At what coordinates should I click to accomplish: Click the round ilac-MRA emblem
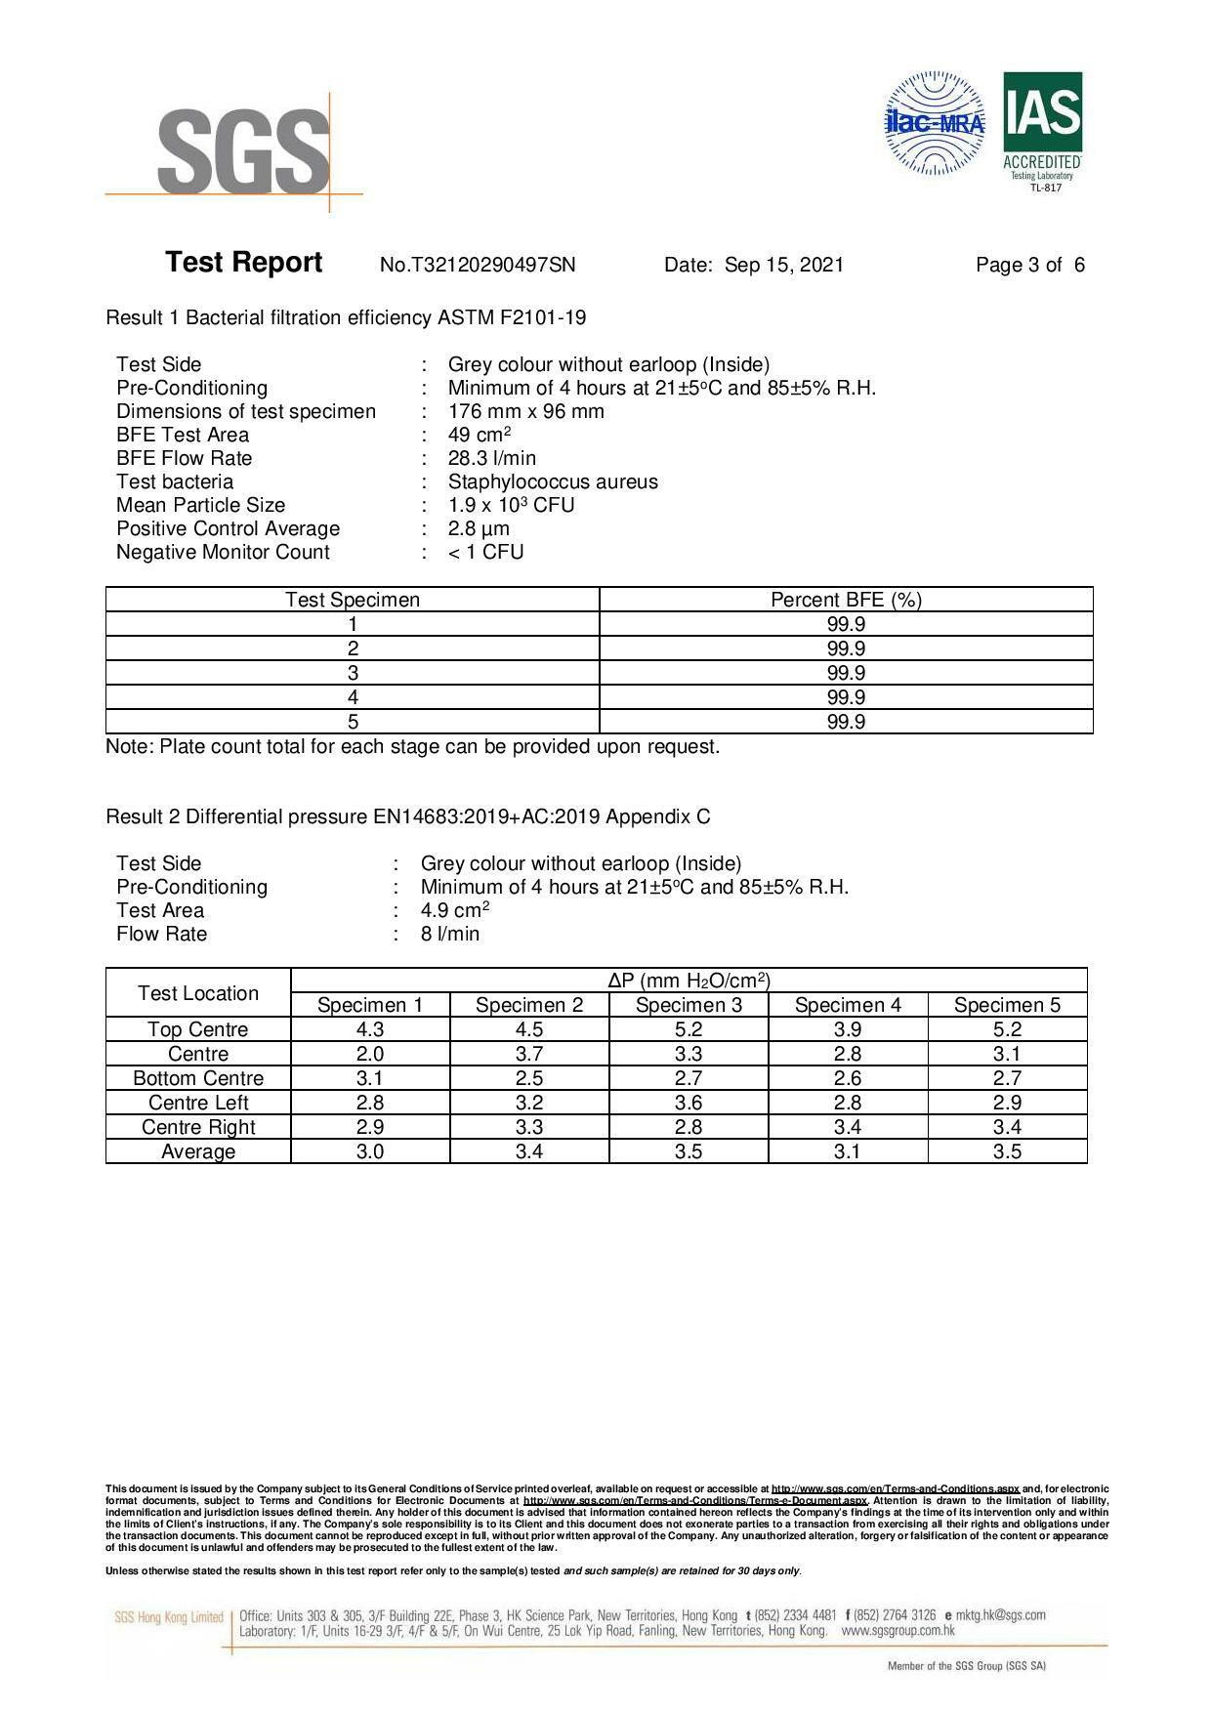point(935,124)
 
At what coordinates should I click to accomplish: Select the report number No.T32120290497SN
point(478,265)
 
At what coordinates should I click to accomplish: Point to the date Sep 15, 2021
point(783,265)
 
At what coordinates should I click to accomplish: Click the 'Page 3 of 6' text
point(1030,265)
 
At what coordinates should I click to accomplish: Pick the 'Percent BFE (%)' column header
point(846,600)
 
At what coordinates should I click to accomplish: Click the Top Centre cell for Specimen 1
point(370,1029)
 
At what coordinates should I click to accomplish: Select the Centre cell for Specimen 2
point(529,1054)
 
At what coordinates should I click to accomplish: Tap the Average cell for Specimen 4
point(848,1151)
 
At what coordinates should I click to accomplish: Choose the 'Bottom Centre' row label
point(198,1078)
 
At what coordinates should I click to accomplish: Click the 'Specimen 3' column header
point(689,1005)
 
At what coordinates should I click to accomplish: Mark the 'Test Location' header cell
point(198,993)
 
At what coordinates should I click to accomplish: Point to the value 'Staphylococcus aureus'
point(553,481)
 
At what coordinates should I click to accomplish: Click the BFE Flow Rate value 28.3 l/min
point(492,458)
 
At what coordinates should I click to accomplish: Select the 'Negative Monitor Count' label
point(223,552)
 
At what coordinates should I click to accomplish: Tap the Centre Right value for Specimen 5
point(1007,1127)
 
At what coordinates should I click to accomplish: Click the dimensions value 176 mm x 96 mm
point(525,411)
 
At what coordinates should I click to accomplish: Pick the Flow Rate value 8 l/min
point(450,934)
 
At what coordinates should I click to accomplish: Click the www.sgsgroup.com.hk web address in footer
point(898,1630)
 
